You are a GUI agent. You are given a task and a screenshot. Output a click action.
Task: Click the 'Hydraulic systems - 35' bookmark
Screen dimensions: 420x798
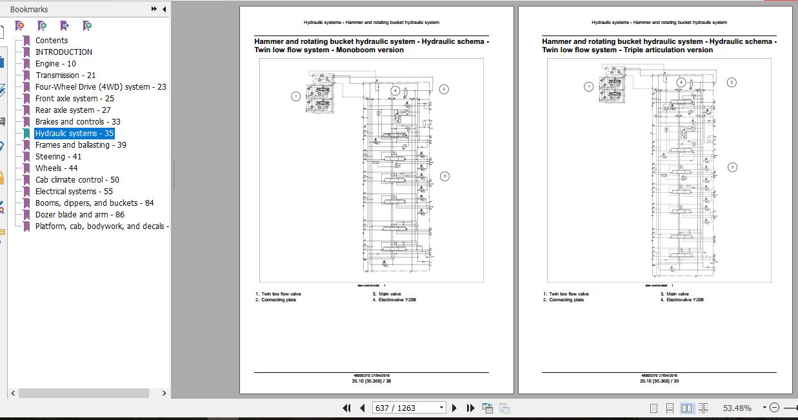74,134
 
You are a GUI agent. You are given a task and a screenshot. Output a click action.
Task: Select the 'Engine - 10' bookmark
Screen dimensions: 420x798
55,64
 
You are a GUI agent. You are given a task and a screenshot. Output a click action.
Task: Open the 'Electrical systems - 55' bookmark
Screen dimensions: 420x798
74,192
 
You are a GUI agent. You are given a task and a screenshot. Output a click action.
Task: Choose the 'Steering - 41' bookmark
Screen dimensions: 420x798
58,157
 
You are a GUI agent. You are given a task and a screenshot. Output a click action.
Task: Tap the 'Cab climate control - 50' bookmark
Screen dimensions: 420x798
77,180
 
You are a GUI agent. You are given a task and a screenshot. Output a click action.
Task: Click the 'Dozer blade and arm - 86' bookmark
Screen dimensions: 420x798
79,215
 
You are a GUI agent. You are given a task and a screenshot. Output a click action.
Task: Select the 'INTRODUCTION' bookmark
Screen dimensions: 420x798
63,52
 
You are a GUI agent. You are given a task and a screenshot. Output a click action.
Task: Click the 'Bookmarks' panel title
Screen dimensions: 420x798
29,10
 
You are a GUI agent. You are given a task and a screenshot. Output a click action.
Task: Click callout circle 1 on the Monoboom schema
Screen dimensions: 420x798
295,97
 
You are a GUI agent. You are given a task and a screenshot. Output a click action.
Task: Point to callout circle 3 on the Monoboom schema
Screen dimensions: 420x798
444,176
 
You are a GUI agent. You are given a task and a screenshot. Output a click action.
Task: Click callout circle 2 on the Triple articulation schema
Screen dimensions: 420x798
732,82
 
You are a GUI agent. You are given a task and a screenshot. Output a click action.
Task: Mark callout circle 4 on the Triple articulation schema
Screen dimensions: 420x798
681,83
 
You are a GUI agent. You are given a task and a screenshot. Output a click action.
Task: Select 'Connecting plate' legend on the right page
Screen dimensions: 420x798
566,300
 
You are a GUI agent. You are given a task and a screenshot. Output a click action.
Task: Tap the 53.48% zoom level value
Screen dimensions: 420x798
737,408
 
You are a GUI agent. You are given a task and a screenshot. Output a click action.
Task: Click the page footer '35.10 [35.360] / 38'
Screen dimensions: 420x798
371,381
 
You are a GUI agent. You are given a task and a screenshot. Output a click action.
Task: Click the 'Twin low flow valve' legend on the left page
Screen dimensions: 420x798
281,294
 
